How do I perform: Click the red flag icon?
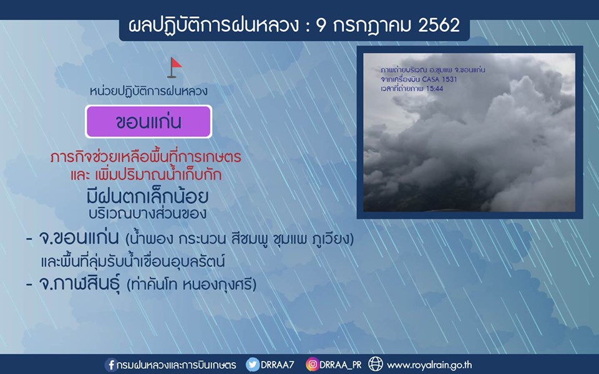175,67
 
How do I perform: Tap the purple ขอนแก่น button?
149,122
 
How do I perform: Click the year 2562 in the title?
439,26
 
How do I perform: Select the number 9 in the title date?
322,26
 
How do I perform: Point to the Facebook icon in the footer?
111,365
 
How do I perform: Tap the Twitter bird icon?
252,365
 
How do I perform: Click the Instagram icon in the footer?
312,365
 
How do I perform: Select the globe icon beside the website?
375,364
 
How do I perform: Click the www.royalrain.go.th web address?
429,365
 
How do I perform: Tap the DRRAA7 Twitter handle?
277,365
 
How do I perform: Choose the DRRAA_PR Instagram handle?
341,365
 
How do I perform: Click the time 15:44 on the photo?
434,89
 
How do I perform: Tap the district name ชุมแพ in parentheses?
291,239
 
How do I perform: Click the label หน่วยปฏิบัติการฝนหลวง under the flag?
149,91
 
